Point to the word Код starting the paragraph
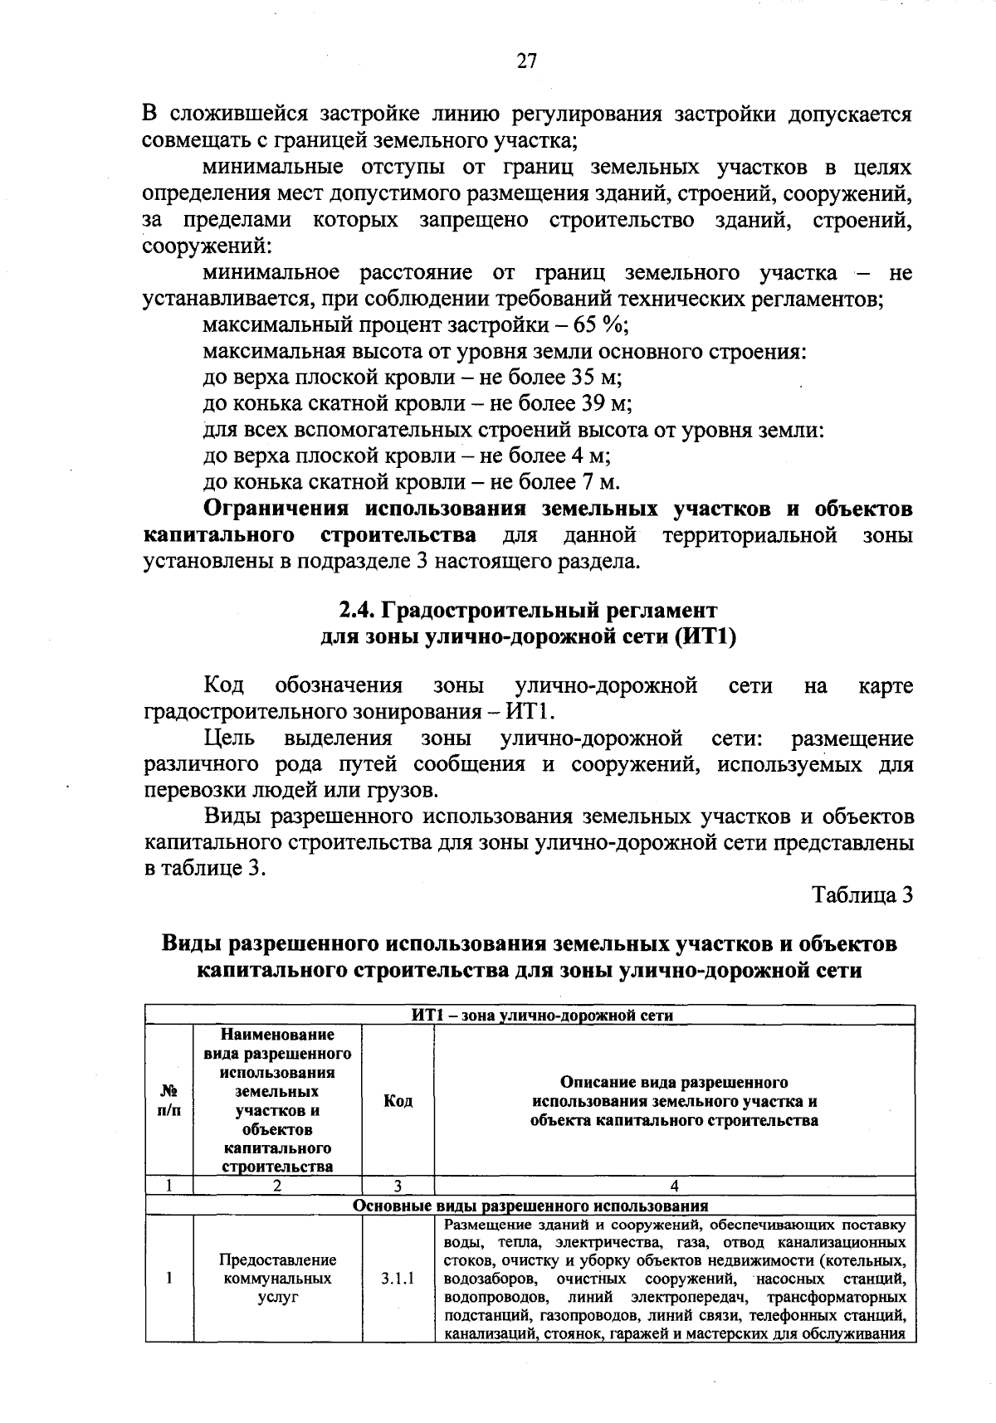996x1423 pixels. [x=223, y=686]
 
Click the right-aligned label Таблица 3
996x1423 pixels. [x=862, y=895]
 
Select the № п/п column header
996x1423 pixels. [x=168, y=1100]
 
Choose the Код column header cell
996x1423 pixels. [x=398, y=1101]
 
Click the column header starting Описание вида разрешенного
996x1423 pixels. [x=674, y=1101]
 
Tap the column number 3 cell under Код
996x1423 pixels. [x=398, y=1186]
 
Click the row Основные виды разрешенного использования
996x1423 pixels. [x=530, y=1206]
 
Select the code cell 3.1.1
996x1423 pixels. [x=398, y=1279]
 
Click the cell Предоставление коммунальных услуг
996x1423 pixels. [x=277, y=1279]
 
